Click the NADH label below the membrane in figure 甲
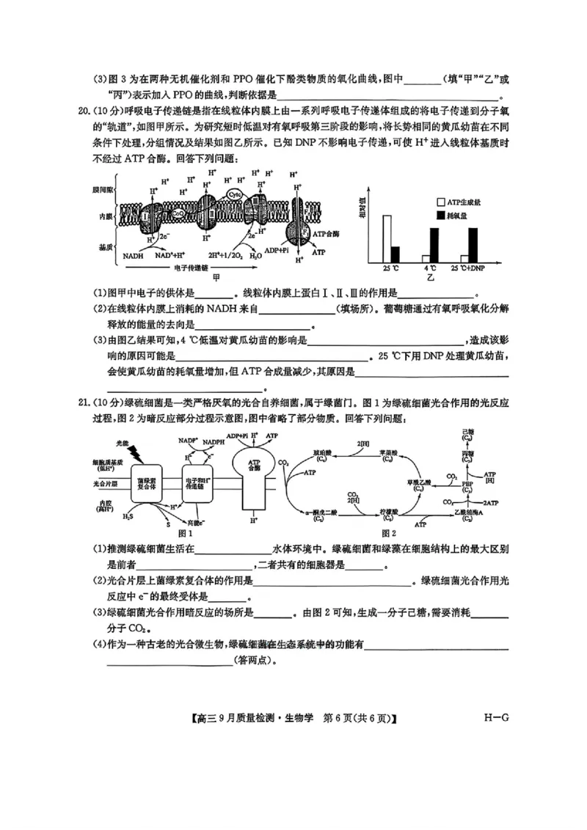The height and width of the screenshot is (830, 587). pos(133,257)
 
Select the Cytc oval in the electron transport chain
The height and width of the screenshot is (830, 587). pos(234,194)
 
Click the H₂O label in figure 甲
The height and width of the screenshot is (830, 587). pos(255,257)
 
